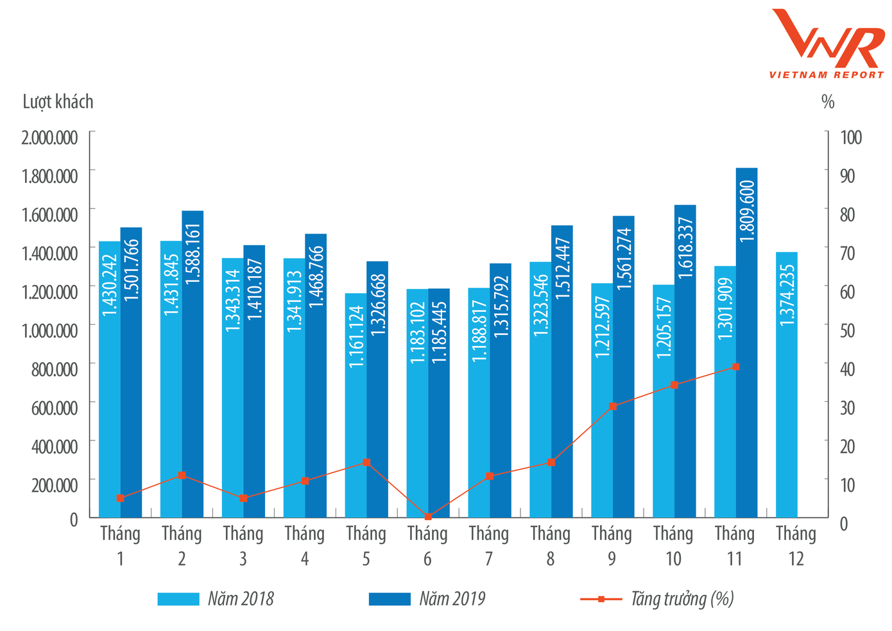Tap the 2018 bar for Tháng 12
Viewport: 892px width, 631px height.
[x=787, y=385]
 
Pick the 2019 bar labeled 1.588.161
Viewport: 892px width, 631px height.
[x=193, y=366]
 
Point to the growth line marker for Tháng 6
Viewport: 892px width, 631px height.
[x=428, y=516]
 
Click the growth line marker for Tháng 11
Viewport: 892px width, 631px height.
[x=735, y=367]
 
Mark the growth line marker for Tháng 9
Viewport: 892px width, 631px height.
[x=613, y=406]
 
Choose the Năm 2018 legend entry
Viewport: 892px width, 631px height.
[x=216, y=599]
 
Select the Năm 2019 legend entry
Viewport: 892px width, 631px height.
[x=427, y=599]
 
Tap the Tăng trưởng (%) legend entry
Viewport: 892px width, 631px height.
[x=657, y=599]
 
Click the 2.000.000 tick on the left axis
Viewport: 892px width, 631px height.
[x=50, y=138]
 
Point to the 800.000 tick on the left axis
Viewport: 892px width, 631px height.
[x=55, y=369]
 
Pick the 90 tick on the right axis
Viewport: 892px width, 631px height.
[x=847, y=176]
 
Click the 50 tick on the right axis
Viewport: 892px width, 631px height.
[x=847, y=331]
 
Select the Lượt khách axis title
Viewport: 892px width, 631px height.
[x=58, y=102]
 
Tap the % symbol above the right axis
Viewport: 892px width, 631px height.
[x=828, y=102]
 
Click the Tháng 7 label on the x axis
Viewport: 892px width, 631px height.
[x=489, y=546]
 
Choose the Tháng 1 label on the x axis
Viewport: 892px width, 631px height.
[x=120, y=546]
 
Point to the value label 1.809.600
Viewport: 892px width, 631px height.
[x=747, y=211]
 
